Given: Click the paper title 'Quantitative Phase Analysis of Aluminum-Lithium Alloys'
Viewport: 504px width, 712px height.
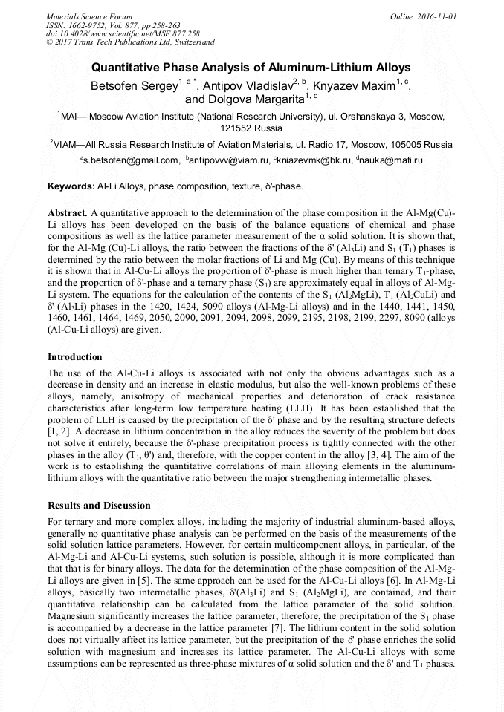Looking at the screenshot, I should point(251,68).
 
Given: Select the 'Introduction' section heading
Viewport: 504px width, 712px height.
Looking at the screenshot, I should point(74,357).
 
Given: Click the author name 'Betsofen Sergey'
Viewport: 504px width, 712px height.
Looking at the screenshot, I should point(133,87).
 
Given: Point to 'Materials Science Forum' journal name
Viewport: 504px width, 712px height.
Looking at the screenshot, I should point(89,16).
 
